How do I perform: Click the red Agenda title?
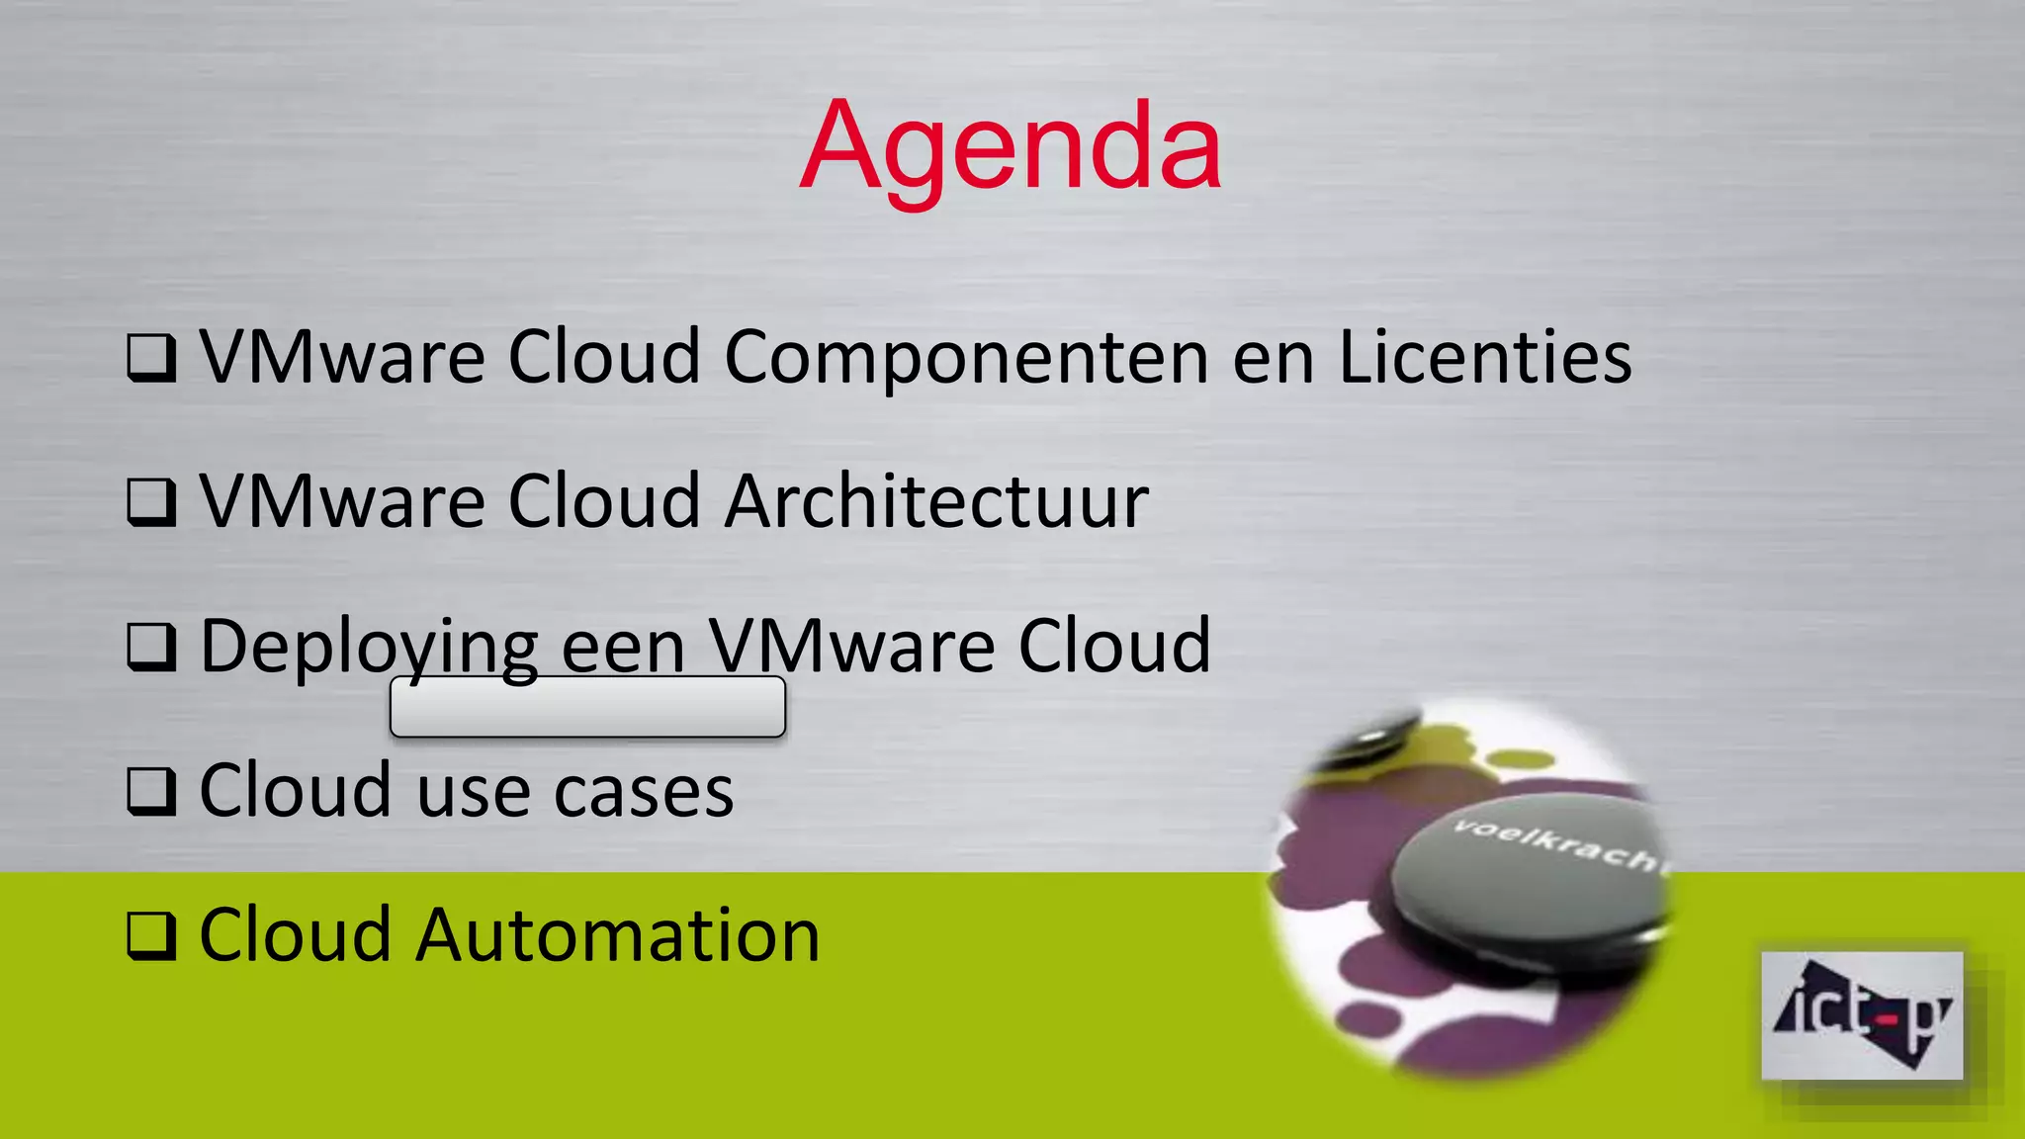pyautogui.click(x=1011, y=148)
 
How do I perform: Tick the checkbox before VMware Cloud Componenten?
pyautogui.click(x=151, y=358)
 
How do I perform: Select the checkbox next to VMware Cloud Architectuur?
pyautogui.click(x=151, y=502)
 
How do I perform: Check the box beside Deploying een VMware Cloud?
pyautogui.click(x=151, y=648)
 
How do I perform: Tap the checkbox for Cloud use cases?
pyautogui.click(x=151, y=792)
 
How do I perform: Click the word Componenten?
pyautogui.click(x=966, y=358)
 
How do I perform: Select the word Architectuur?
pyautogui.click(x=936, y=501)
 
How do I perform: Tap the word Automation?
pyautogui.click(x=618, y=935)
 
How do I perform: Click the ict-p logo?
pyautogui.click(x=1862, y=1015)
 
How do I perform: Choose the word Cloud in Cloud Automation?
pyautogui.click(x=296, y=935)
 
